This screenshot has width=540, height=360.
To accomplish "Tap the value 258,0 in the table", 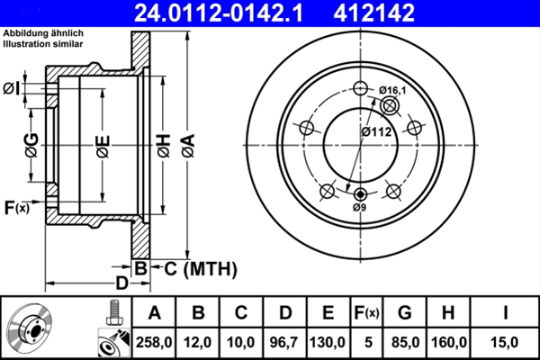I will coord(154,342).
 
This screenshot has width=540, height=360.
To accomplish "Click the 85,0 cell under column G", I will coord(405,342).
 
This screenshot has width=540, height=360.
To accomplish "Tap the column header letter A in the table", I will coord(154,313).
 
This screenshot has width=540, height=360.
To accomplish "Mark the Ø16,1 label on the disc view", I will coord(393,90).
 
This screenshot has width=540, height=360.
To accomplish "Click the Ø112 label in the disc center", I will coord(375,131).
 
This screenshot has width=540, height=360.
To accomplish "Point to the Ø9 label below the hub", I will coord(360,208).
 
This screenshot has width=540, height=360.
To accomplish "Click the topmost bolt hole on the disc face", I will coord(362,88).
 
